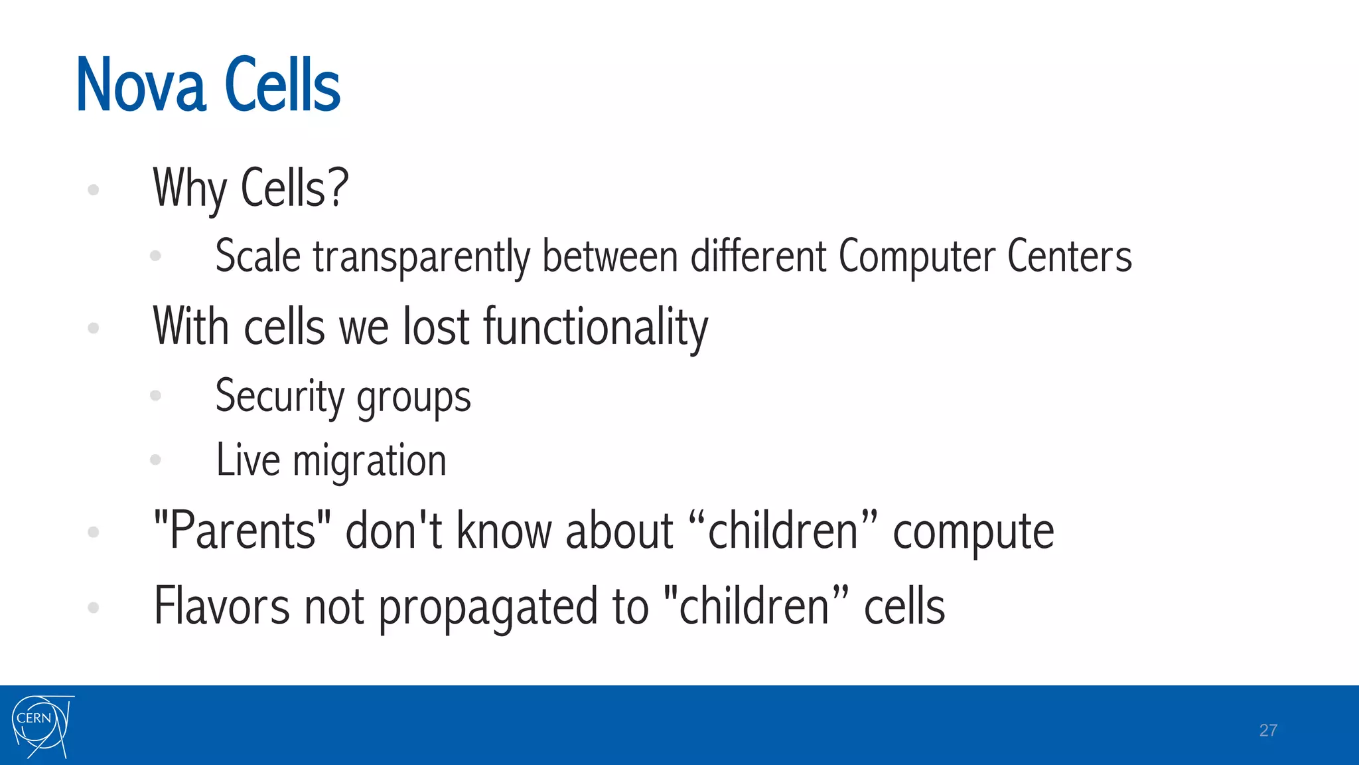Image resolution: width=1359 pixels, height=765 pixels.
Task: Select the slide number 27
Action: (1267, 730)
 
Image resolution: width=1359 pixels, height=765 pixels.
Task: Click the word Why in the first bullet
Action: (190, 189)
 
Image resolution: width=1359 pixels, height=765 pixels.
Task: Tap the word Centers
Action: (1069, 256)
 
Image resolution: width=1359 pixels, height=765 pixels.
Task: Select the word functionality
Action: (595, 328)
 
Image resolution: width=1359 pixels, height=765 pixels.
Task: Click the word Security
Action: (279, 397)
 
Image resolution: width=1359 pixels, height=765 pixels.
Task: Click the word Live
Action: (248, 460)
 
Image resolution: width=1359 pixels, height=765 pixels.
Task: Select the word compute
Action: (973, 534)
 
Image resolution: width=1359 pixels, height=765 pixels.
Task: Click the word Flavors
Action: (222, 606)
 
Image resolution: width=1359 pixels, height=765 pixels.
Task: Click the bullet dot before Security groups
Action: (156, 396)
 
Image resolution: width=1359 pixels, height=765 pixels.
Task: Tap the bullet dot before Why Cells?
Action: (94, 190)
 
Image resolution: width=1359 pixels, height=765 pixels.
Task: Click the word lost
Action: (437, 327)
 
